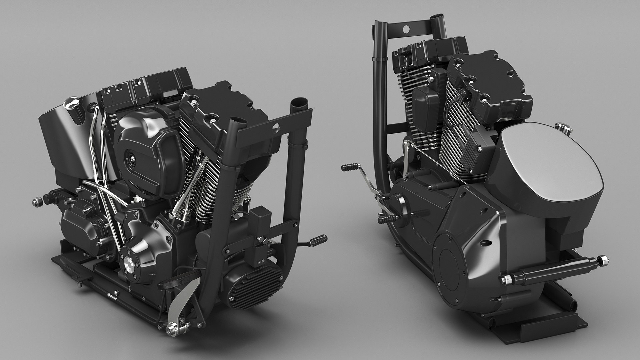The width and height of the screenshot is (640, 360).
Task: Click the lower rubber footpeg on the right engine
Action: (388, 219)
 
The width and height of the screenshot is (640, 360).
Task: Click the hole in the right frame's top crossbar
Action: (406, 29)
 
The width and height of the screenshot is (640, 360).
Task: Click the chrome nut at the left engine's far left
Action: (37, 201)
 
